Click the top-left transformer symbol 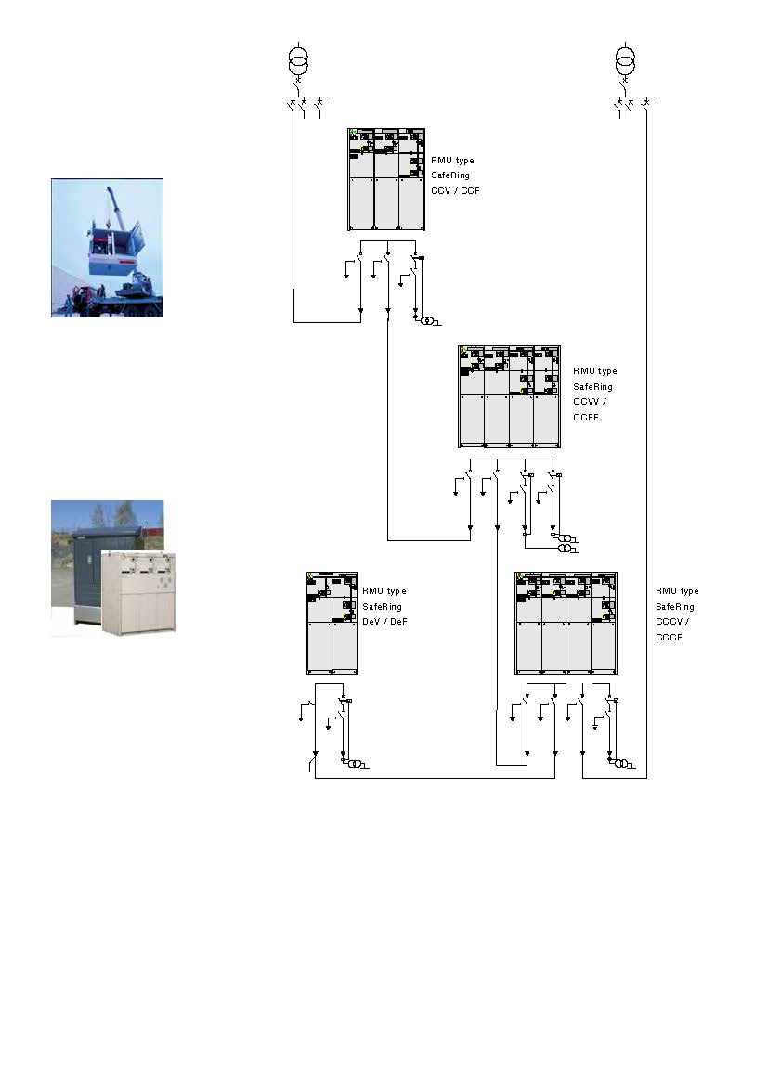[x=298, y=61]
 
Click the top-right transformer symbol [x=625, y=61]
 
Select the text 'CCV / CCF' [x=455, y=190]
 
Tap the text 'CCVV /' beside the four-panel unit [x=590, y=402]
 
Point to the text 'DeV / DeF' [x=384, y=622]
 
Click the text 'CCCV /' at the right [x=672, y=622]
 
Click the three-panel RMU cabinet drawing [x=386, y=179]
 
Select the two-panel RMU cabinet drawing [x=332, y=624]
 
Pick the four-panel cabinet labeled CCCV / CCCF [x=566, y=624]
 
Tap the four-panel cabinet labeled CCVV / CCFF [x=510, y=397]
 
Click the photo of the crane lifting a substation [x=108, y=248]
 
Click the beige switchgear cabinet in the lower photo [x=138, y=591]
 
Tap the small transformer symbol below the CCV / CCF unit [x=428, y=320]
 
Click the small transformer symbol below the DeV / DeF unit [x=355, y=763]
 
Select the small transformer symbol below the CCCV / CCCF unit [x=621, y=763]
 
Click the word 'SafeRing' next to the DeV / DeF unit [x=382, y=607]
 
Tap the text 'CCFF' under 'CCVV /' [x=586, y=418]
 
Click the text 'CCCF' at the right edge [x=669, y=637]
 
